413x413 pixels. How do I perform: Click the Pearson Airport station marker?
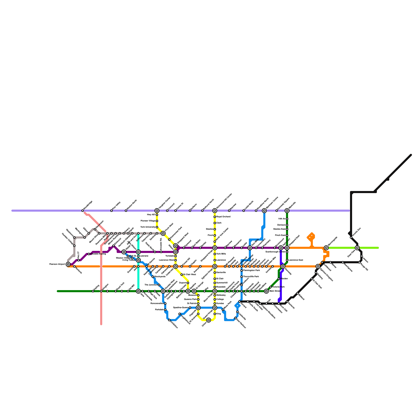coord(68,264)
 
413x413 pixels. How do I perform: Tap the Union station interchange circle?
coord(209,320)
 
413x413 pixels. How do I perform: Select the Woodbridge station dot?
coord(83,211)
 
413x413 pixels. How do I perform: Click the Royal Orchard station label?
coord(223,217)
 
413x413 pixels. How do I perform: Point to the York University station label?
coord(148,227)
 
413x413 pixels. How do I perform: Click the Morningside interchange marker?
coord(326,248)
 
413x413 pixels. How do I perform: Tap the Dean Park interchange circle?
coord(357,248)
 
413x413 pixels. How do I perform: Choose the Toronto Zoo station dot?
coord(351,237)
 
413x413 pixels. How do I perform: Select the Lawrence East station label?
coord(296,260)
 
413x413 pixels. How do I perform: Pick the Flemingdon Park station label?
coord(251,270)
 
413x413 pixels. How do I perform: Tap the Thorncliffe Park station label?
coord(251,276)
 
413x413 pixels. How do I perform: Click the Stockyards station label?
coord(160,276)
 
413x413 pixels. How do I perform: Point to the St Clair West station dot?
coord(182,275)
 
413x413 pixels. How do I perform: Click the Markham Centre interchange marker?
coord(264,211)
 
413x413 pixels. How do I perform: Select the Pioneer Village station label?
coord(148,221)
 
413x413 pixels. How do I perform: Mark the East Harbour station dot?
coord(235,318)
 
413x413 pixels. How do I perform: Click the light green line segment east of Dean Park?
coord(369,248)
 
